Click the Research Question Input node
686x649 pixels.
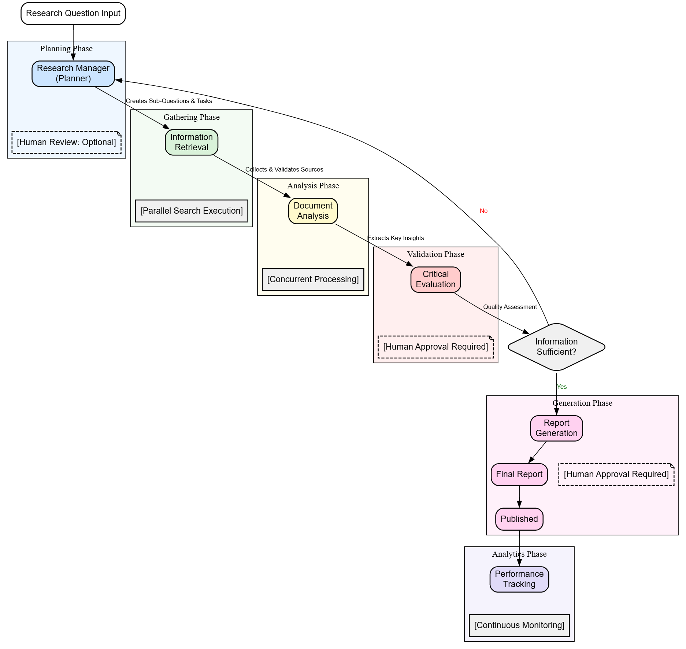pyautogui.click(x=73, y=14)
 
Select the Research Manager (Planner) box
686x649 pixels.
pyautogui.click(x=73, y=73)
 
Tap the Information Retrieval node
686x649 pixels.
pyautogui.click(x=191, y=142)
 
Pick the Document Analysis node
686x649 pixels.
pyautogui.click(x=313, y=211)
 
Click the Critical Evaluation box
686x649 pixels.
pyautogui.click(x=435, y=279)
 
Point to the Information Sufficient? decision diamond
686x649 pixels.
pyautogui.click(x=556, y=347)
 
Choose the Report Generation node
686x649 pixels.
pyautogui.click(x=556, y=428)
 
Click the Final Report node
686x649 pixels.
pyautogui.click(x=519, y=474)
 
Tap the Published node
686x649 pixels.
pyautogui.click(x=519, y=519)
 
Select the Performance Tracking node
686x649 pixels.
pyautogui.click(x=519, y=579)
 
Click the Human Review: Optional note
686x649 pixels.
pyautogui.click(x=66, y=142)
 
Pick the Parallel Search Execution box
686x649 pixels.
pyautogui.click(x=191, y=211)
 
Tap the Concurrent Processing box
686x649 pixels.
pyautogui.click(x=313, y=279)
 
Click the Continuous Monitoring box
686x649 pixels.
pyautogui.click(x=519, y=625)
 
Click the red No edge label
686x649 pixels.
pyautogui.click(x=483, y=211)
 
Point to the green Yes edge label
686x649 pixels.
pyautogui.click(x=561, y=387)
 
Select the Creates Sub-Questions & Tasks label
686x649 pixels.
pyautogui.click(x=169, y=101)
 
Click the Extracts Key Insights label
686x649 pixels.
pyautogui.click(x=396, y=238)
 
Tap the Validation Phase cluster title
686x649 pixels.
pyautogui.click(x=435, y=254)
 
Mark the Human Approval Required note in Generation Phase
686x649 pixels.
pyautogui.click(x=616, y=474)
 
